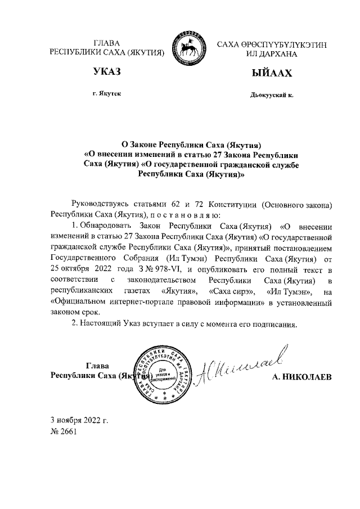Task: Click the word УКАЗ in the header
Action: pos(107,71)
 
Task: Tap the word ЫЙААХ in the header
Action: pos(272,73)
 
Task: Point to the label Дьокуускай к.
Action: pos(272,95)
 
